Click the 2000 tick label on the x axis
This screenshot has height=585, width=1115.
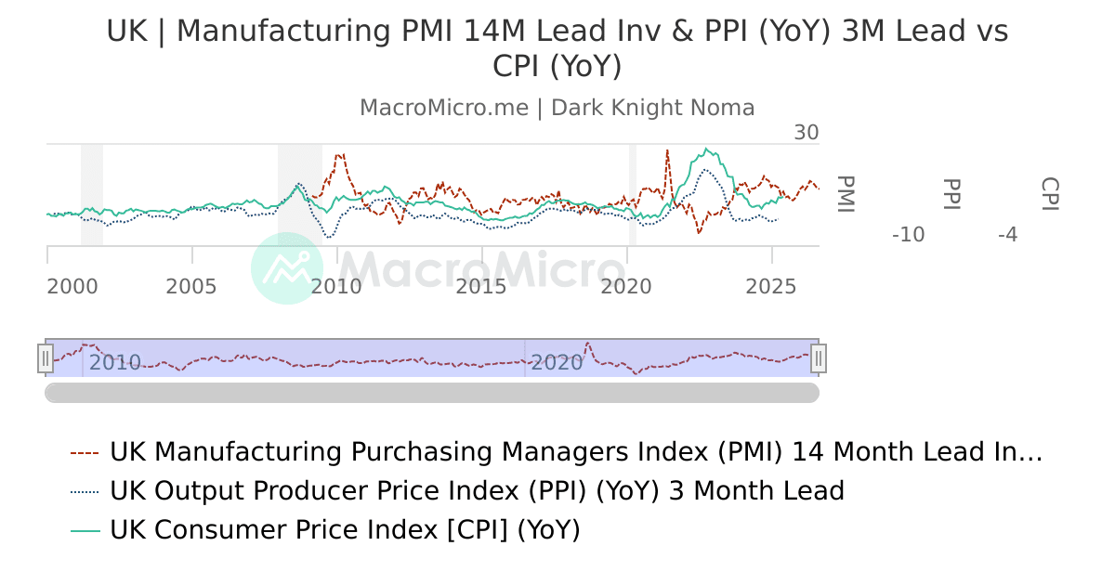[x=72, y=287]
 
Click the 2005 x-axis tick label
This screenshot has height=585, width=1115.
[x=191, y=287]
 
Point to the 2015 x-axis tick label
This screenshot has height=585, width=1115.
[x=481, y=287]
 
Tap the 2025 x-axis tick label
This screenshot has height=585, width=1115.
[x=771, y=287]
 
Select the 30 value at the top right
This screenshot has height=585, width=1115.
[x=806, y=133]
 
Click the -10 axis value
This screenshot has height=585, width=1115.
[x=908, y=235]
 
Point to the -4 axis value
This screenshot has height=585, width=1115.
[x=1007, y=235]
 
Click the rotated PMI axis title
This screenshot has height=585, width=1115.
[x=845, y=194]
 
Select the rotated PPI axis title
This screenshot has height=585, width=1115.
[x=951, y=194]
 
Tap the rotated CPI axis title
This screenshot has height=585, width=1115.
[x=1050, y=194]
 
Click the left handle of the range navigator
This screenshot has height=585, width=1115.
[x=46, y=357]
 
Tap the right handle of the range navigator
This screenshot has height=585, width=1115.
[x=819, y=357]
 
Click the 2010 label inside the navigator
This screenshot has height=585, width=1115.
[x=115, y=363]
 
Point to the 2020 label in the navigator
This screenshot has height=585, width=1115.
[x=557, y=363]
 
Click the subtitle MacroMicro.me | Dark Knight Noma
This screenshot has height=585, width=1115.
[x=557, y=108]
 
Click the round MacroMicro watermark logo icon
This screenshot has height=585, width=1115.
[x=287, y=268]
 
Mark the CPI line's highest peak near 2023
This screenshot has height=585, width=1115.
[x=708, y=149]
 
